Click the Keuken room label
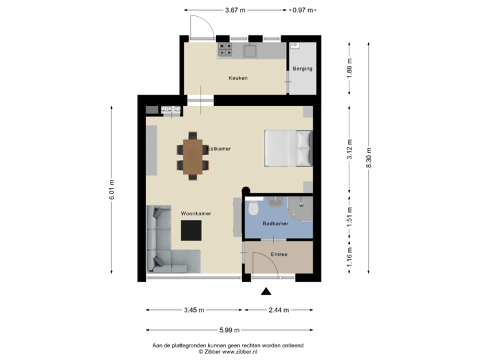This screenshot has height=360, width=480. tap(237, 79)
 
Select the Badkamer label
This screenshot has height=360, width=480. tap(275, 224)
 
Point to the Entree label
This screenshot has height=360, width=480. tap(279, 255)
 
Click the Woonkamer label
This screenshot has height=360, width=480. tap(196, 213)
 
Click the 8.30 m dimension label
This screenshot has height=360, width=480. tap(369, 157)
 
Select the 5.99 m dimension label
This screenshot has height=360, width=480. tap(228, 330)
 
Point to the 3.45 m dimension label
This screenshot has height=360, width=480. tap(194, 310)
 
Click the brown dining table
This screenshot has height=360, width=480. tap(194, 155)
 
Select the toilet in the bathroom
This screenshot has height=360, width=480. tap(253, 209)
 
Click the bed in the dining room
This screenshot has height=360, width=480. tap(289, 147)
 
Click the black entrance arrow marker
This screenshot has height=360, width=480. tap(266, 291)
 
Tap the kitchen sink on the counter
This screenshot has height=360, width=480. tap(251, 51)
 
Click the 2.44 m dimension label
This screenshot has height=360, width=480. tap(279, 310)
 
